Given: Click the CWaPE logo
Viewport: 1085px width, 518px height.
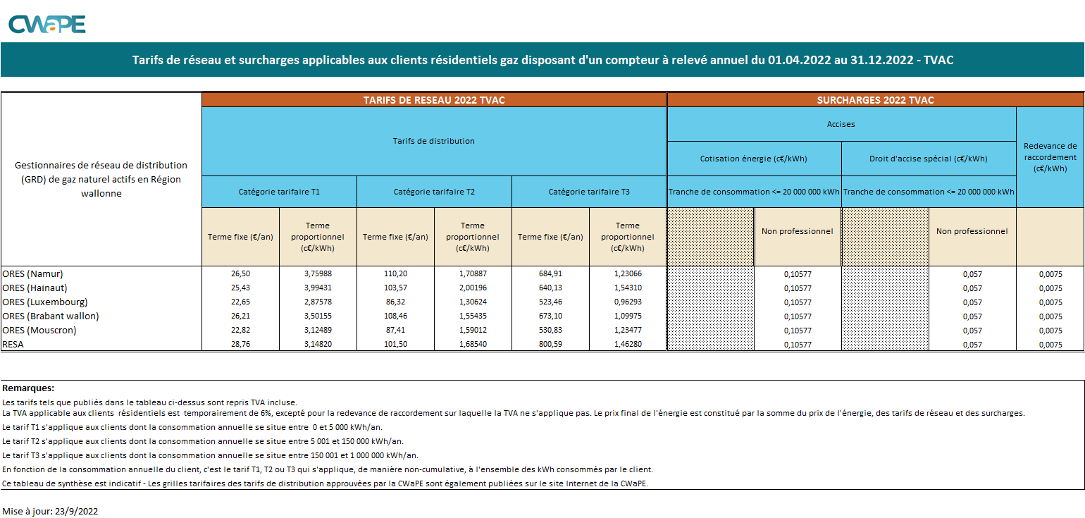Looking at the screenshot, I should click(x=46, y=24).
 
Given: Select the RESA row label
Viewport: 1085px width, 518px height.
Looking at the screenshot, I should click(x=13, y=344).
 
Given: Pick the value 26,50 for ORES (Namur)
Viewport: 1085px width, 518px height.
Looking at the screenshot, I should click(x=240, y=273).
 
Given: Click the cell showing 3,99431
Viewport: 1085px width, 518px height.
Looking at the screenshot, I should click(x=318, y=288).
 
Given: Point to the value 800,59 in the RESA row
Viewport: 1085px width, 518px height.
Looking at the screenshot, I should click(x=550, y=344).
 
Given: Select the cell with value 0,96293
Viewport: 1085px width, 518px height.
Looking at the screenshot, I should click(x=628, y=302).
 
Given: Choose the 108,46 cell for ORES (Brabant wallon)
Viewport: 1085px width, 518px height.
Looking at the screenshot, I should click(x=395, y=316).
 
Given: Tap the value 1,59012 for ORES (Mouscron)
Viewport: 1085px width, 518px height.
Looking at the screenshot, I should click(x=473, y=330).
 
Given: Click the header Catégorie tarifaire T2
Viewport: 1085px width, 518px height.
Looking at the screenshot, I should click(x=434, y=192).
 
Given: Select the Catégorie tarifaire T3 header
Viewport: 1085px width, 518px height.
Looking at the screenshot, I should click(x=589, y=192).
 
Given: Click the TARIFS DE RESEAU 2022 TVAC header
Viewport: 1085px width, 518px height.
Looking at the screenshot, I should click(x=434, y=100).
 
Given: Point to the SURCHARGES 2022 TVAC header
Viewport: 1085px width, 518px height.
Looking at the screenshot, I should click(x=875, y=100).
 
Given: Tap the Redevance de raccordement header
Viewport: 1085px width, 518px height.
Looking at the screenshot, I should click(x=1050, y=157).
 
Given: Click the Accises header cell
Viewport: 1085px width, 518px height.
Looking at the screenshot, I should click(x=841, y=124).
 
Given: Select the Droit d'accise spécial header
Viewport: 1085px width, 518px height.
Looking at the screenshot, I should click(x=929, y=159).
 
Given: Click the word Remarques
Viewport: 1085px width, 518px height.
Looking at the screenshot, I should click(x=28, y=388).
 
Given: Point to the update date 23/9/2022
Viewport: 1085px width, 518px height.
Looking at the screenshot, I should click(x=76, y=511).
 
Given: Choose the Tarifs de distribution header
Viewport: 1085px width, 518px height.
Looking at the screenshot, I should click(x=434, y=141).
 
